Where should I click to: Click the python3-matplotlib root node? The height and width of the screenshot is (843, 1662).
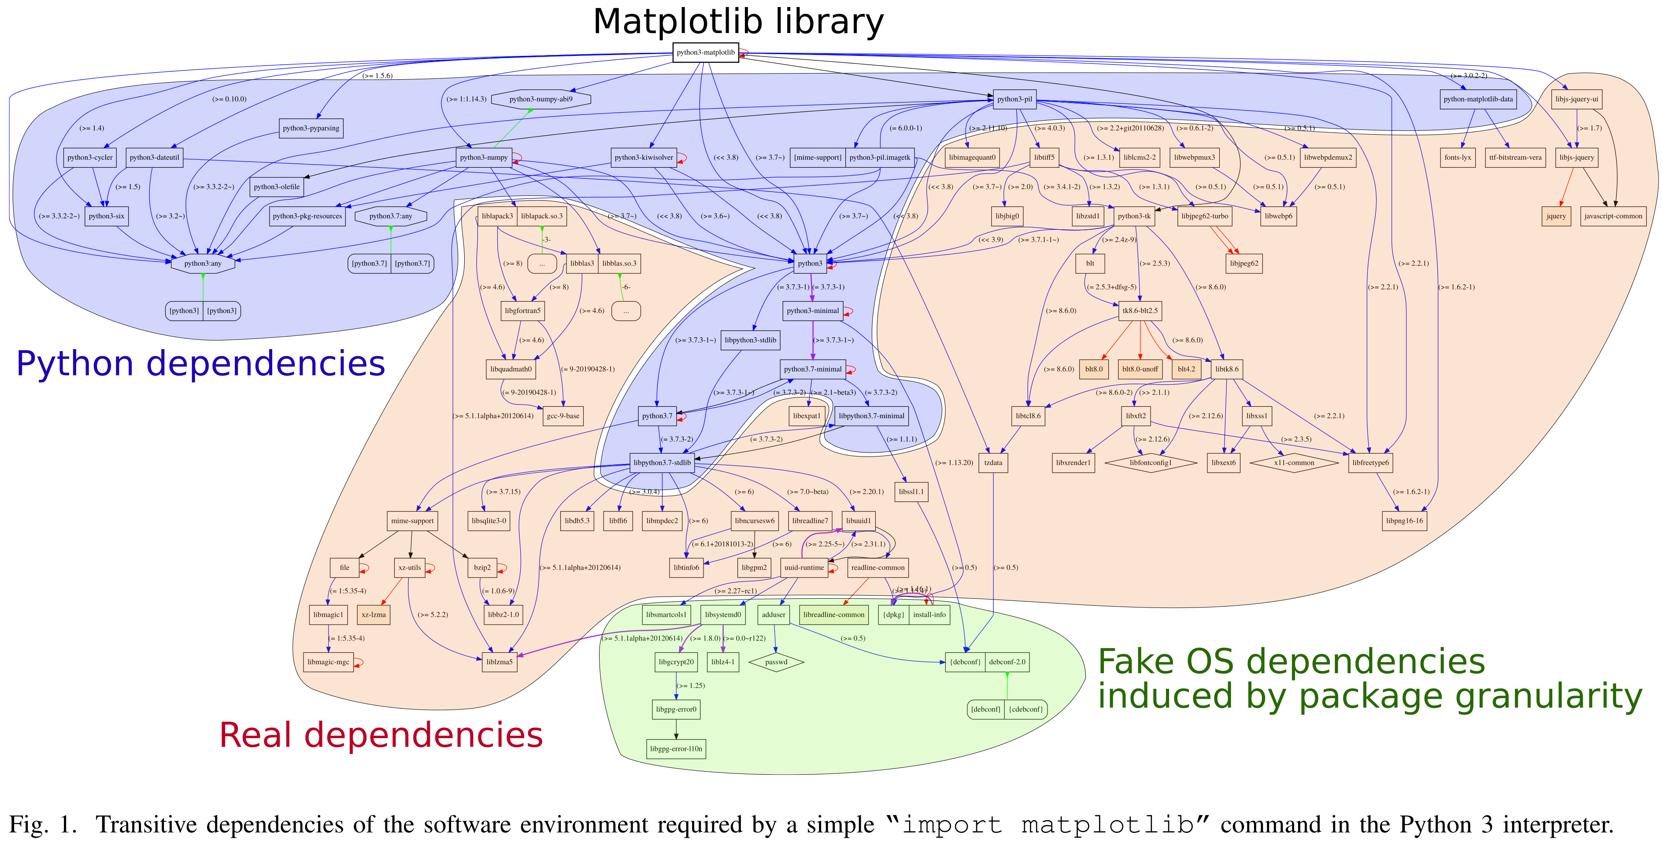coord(705,52)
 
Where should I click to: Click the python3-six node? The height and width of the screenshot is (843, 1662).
coord(107,216)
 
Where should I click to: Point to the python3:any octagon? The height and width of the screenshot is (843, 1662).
coord(203,263)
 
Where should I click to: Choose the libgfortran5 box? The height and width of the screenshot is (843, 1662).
coord(522,311)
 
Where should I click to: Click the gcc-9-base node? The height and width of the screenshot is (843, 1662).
coord(563,416)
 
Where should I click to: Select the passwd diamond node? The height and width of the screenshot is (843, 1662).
coord(776,662)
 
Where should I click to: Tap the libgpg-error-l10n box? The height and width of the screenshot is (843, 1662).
coord(676,749)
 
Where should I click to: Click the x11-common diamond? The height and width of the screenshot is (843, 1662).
coord(1294,463)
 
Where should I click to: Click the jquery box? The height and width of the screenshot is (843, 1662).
coord(1556,216)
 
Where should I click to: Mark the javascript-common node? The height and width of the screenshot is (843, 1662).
coord(1613,216)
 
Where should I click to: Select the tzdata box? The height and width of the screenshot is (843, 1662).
coord(994,463)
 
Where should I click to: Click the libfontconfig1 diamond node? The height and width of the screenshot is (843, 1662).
coord(1151,463)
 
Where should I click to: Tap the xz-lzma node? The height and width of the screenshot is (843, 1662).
coord(374,615)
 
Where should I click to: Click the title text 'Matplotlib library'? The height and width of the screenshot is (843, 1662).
coord(738,22)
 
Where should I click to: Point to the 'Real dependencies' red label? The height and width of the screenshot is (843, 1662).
coord(381,735)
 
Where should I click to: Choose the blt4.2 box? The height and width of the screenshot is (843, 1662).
coord(1186,369)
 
